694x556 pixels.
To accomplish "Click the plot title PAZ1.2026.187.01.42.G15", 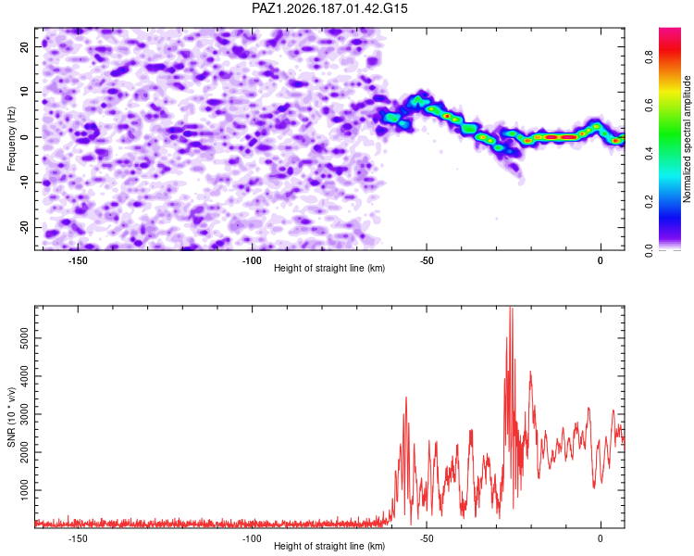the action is pyautogui.click(x=329, y=8).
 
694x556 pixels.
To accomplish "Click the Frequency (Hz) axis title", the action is pyautogui.click(x=11, y=139).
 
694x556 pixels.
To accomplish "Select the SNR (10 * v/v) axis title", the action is pyautogui.click(x=11, y=417).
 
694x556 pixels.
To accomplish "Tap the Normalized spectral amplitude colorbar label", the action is pyautogui.click(x=687, y=139).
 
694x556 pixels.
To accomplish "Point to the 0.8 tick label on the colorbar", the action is pyautogui.click(x=649, y=57).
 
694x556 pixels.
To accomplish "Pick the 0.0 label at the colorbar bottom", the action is pyautogui.click(x=649, y=250).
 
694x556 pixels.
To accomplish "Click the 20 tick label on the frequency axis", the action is pyautogui.click(x=25, y=47).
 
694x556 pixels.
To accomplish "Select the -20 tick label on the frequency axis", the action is pyautogui.click(x=25, y=228).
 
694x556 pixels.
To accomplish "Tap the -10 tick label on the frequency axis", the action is pyautogui.click(x=25, y=183).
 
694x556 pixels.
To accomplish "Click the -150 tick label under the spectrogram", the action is pyautogui.click(x=78, y=260).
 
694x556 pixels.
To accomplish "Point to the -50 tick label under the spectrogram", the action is pyautogui.click(x=427, y=260).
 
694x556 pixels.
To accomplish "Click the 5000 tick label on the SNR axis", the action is pyautogui.click(x=25, y=338).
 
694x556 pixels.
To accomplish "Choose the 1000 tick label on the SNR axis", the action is pyautogui.click(x=25, y=490).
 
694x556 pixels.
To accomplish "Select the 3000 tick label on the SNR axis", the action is pyautogui.click(x=25, y=414).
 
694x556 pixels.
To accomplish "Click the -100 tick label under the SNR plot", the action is pyautogui.click(x=252, y=538).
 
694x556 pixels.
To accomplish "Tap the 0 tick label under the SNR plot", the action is pyautogui.click(x=601, y=538).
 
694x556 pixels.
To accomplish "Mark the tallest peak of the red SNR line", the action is pyautogui.click(x=511, y=308).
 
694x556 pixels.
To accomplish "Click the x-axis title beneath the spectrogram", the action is pyautogui.click(x=329, y=268).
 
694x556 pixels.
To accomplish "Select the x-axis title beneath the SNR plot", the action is pyautogui.click(x=329, y=546).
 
